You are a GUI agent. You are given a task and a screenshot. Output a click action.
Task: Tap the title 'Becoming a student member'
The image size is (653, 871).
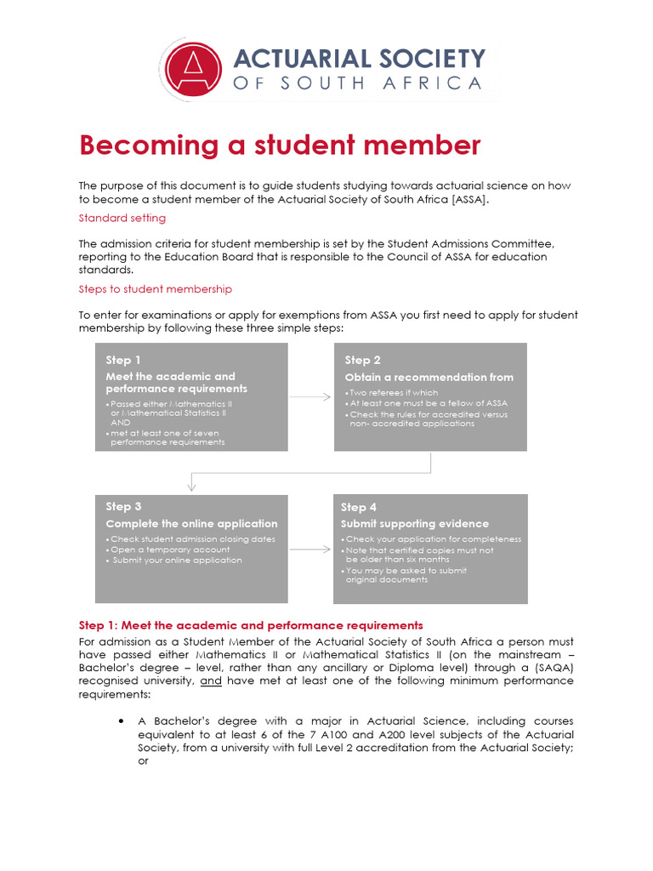click(280, 145)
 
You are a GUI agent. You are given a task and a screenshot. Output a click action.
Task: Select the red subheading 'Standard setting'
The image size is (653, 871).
click(122, 219)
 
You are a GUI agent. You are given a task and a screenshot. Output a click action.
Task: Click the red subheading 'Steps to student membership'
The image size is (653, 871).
click(155, 289)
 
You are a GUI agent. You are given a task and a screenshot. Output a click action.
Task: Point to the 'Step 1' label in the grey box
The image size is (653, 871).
click(123, 360)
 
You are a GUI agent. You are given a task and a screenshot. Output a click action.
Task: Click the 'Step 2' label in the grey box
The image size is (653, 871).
click(363, 360)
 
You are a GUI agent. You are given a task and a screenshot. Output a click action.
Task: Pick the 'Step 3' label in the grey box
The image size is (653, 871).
click(123, 506)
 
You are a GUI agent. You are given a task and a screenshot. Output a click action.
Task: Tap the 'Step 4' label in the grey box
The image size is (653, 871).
click(359, 507)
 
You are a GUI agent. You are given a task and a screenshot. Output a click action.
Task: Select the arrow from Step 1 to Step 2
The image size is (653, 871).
click(310, 396)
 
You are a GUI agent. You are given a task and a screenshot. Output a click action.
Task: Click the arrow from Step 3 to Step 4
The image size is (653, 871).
click(310, 549)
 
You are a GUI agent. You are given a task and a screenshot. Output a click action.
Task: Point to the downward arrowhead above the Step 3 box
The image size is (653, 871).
click(191, 486)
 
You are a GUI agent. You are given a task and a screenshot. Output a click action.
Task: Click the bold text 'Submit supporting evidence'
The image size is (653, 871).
click(415, 523)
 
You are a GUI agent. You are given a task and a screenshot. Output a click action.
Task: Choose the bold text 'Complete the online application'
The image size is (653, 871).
click(191, 523)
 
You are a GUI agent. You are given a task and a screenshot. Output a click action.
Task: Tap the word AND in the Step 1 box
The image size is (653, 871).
click(121, 422)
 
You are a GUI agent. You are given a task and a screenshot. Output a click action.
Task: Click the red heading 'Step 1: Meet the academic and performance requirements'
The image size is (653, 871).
click(251, 625)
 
